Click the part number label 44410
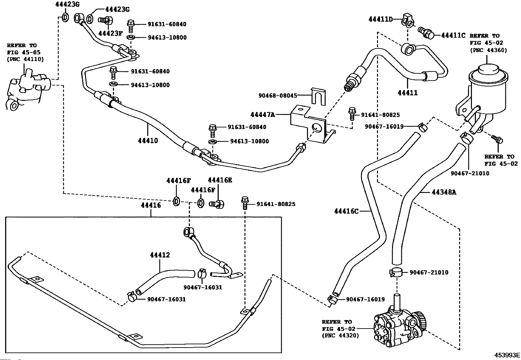coord(148,141)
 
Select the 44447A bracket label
coord(262,115)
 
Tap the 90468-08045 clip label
coord(278,95)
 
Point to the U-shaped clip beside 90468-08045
coord(318,97)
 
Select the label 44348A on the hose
coord(444,192)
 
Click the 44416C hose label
coord(346,211)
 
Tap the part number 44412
coord(160,255)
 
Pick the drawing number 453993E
coord(507,355)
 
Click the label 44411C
coord(453,35)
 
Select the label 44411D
coord(381,19)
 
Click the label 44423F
coord(110,33)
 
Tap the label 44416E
coord(220,180)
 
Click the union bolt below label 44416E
coord(217,204)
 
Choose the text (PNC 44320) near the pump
coord(340,335)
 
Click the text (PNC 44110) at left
coord(25,59)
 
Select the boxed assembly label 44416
coord(151,205)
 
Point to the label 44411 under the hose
coord(408,93)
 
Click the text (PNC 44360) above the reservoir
coord(488,50)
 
